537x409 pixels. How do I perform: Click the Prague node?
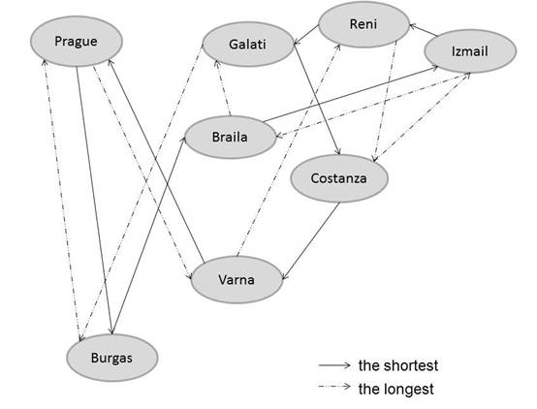coord(77,41)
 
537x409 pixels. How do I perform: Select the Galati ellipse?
coord(248,45)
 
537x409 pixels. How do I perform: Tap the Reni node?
coord(363,24)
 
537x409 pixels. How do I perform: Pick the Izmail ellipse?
coord(470,51)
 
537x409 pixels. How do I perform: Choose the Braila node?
coord(230,137)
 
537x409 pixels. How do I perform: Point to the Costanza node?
coord(339,178)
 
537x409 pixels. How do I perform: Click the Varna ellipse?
coord(237,279)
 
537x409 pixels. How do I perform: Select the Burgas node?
coord(112,358)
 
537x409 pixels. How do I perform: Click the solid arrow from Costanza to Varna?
coord(310,240)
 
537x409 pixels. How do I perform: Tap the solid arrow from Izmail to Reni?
coord(424,30)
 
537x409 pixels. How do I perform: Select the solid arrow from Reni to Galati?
coord(306,35)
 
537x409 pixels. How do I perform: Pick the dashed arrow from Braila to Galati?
coord(223,88)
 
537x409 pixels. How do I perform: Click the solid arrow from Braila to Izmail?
coord(350,94)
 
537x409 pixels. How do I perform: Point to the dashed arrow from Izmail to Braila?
coord(372,106)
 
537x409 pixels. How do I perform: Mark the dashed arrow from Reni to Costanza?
coord(385,101)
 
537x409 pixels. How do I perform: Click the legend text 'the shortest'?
coord(398,365)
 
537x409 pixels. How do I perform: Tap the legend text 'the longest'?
coord(395,389)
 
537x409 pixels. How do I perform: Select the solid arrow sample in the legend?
coord(334,365)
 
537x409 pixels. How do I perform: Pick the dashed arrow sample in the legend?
coord(334,387)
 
